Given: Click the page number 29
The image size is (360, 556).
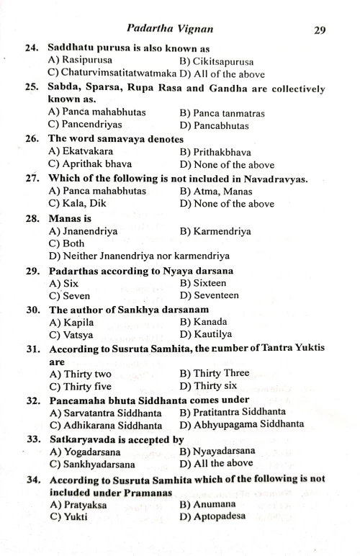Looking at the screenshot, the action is (320, 30).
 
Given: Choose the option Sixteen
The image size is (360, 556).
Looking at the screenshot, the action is (203, 283).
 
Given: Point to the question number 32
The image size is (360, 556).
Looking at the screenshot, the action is (31, 400).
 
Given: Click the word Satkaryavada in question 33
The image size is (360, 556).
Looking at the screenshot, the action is (81, 439).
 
